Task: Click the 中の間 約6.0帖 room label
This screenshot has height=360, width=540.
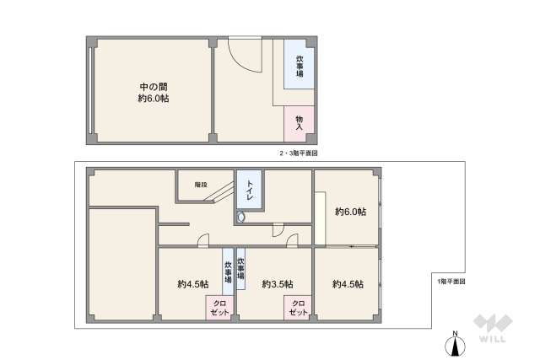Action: [153, 92]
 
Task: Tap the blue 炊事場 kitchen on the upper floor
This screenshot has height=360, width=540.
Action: [300, 67]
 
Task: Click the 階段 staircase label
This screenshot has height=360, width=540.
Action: [200, 184]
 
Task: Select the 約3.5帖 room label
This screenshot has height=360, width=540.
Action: [276, 283]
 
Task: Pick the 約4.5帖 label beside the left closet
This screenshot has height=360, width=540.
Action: [193, 283]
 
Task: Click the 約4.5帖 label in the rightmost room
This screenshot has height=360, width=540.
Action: [348, 283]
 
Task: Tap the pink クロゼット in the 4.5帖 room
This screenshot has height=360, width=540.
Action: [217, 308]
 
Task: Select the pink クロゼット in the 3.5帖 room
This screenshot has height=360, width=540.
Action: [298, 308]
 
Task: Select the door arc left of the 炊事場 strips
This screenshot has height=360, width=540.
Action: [203, 242]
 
